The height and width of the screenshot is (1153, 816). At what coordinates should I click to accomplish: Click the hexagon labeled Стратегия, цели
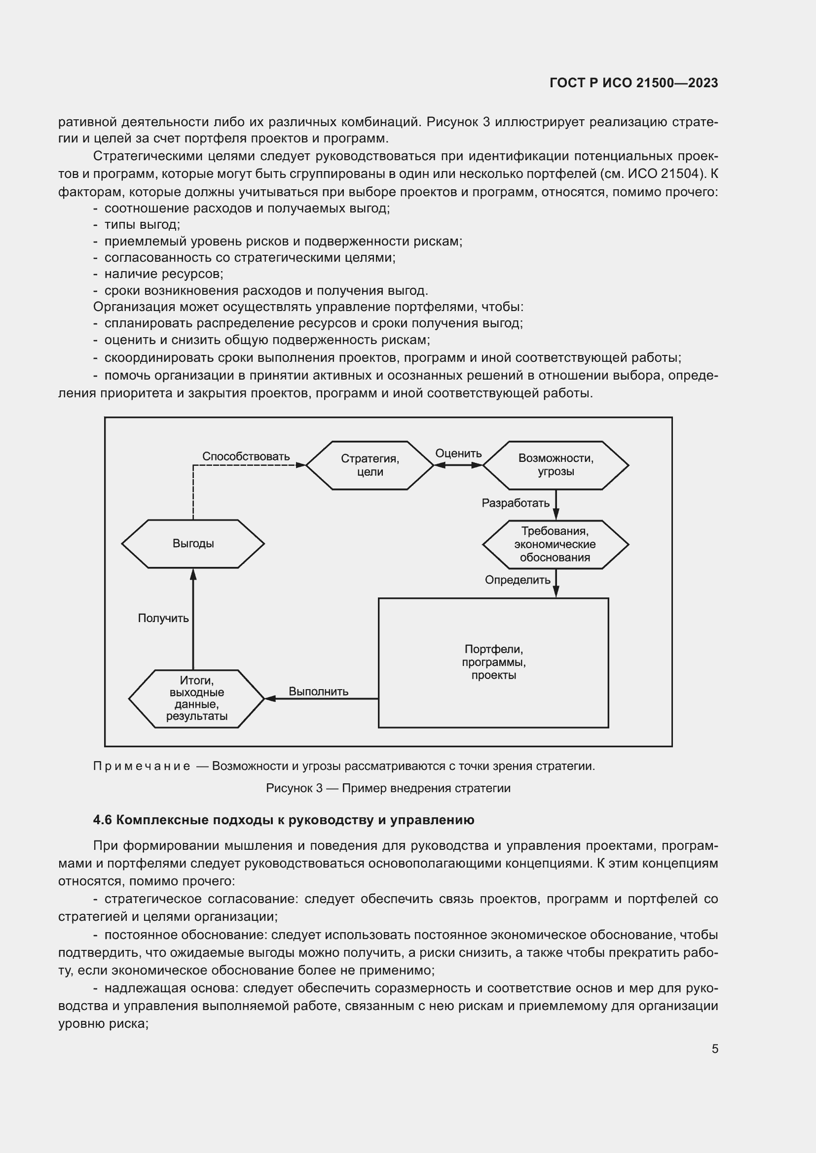pyautogui.click(x=370, y=465)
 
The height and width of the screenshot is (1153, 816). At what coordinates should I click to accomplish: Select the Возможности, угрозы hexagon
pyautogui.click(x=555, y=465)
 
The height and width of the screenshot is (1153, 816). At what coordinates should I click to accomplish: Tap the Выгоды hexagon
pyautogui.click(x=193, y=543)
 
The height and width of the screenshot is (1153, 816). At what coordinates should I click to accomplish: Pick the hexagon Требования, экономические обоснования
pyautogui.click(x=555, y=544)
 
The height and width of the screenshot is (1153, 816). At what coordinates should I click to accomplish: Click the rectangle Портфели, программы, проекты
pyautogui.click(x=493, y=663)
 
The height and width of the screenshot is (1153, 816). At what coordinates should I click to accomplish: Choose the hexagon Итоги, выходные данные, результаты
pyautogui.click(x=196, y=698)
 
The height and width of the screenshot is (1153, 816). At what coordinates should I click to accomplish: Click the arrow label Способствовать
pyautogui.click(x=246, y=456)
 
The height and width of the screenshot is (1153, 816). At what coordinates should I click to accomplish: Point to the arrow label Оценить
pyautogui.click(x=458, y=453)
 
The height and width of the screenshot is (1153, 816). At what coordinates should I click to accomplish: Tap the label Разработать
pyautogui.click(x=516, y=503)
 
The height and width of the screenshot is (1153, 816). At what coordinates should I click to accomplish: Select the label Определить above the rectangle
pyautogui.click(x=518, y=580)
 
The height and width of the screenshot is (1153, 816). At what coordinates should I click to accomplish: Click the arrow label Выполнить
pyautogui.click(x=318, y=691)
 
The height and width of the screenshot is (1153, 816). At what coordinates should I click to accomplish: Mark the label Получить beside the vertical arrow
pyautogui.click(x=163, y=618)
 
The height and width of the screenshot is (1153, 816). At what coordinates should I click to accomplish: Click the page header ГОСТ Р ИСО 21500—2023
pyautogui.click(x=633, y=83)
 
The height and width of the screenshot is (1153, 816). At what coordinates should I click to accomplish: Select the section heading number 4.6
pyautogui.click(x=102, y=820)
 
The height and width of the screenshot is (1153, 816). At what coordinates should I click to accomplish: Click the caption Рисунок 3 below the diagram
pyautogui.click(x=294, y=788)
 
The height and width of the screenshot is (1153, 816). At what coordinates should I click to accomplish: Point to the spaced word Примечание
pyautogui.click(x=142, y=766)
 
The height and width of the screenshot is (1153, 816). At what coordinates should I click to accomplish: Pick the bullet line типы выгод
pyautogui.click(x=142, y=224)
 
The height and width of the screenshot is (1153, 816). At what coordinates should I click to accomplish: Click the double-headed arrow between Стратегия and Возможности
pyautogui.click(x=458, y=465)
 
